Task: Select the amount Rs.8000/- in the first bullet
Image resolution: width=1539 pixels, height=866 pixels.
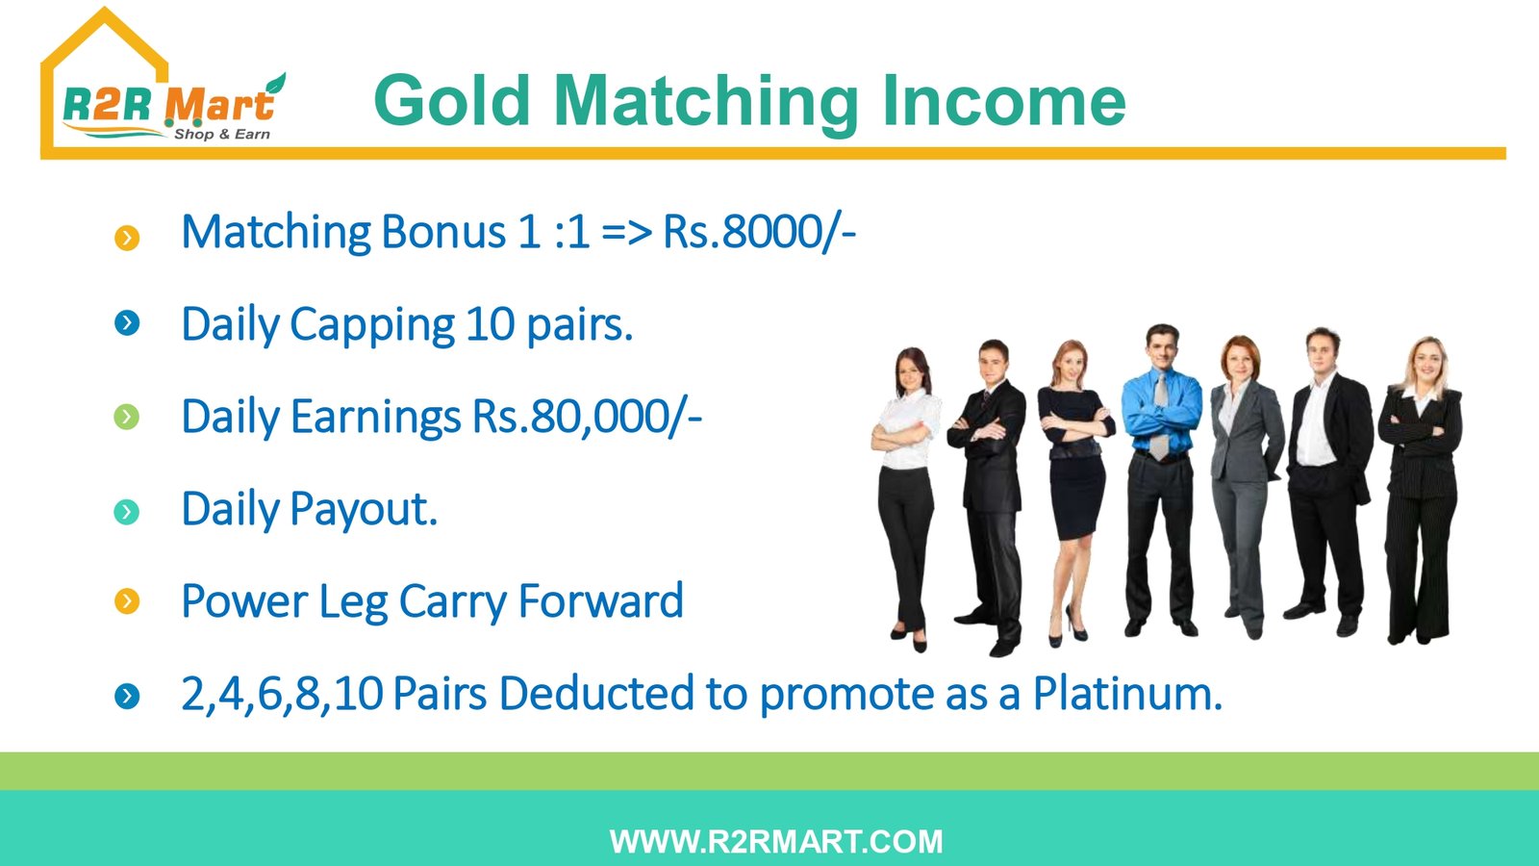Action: point(759,232)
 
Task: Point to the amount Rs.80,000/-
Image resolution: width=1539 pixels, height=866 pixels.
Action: point(587,417)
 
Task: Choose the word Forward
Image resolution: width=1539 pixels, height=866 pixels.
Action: point(600,600)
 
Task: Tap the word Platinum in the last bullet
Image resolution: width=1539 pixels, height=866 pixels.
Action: point(1127,693)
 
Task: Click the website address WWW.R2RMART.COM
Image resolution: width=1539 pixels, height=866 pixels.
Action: point(775,842)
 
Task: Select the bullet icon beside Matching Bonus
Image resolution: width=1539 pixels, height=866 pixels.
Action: point(127,238)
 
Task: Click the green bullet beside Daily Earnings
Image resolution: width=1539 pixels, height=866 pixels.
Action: point(126,417)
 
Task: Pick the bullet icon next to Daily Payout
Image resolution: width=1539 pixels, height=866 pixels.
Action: point(126,511)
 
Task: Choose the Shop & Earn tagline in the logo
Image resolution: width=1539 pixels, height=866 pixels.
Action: point(222,134)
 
